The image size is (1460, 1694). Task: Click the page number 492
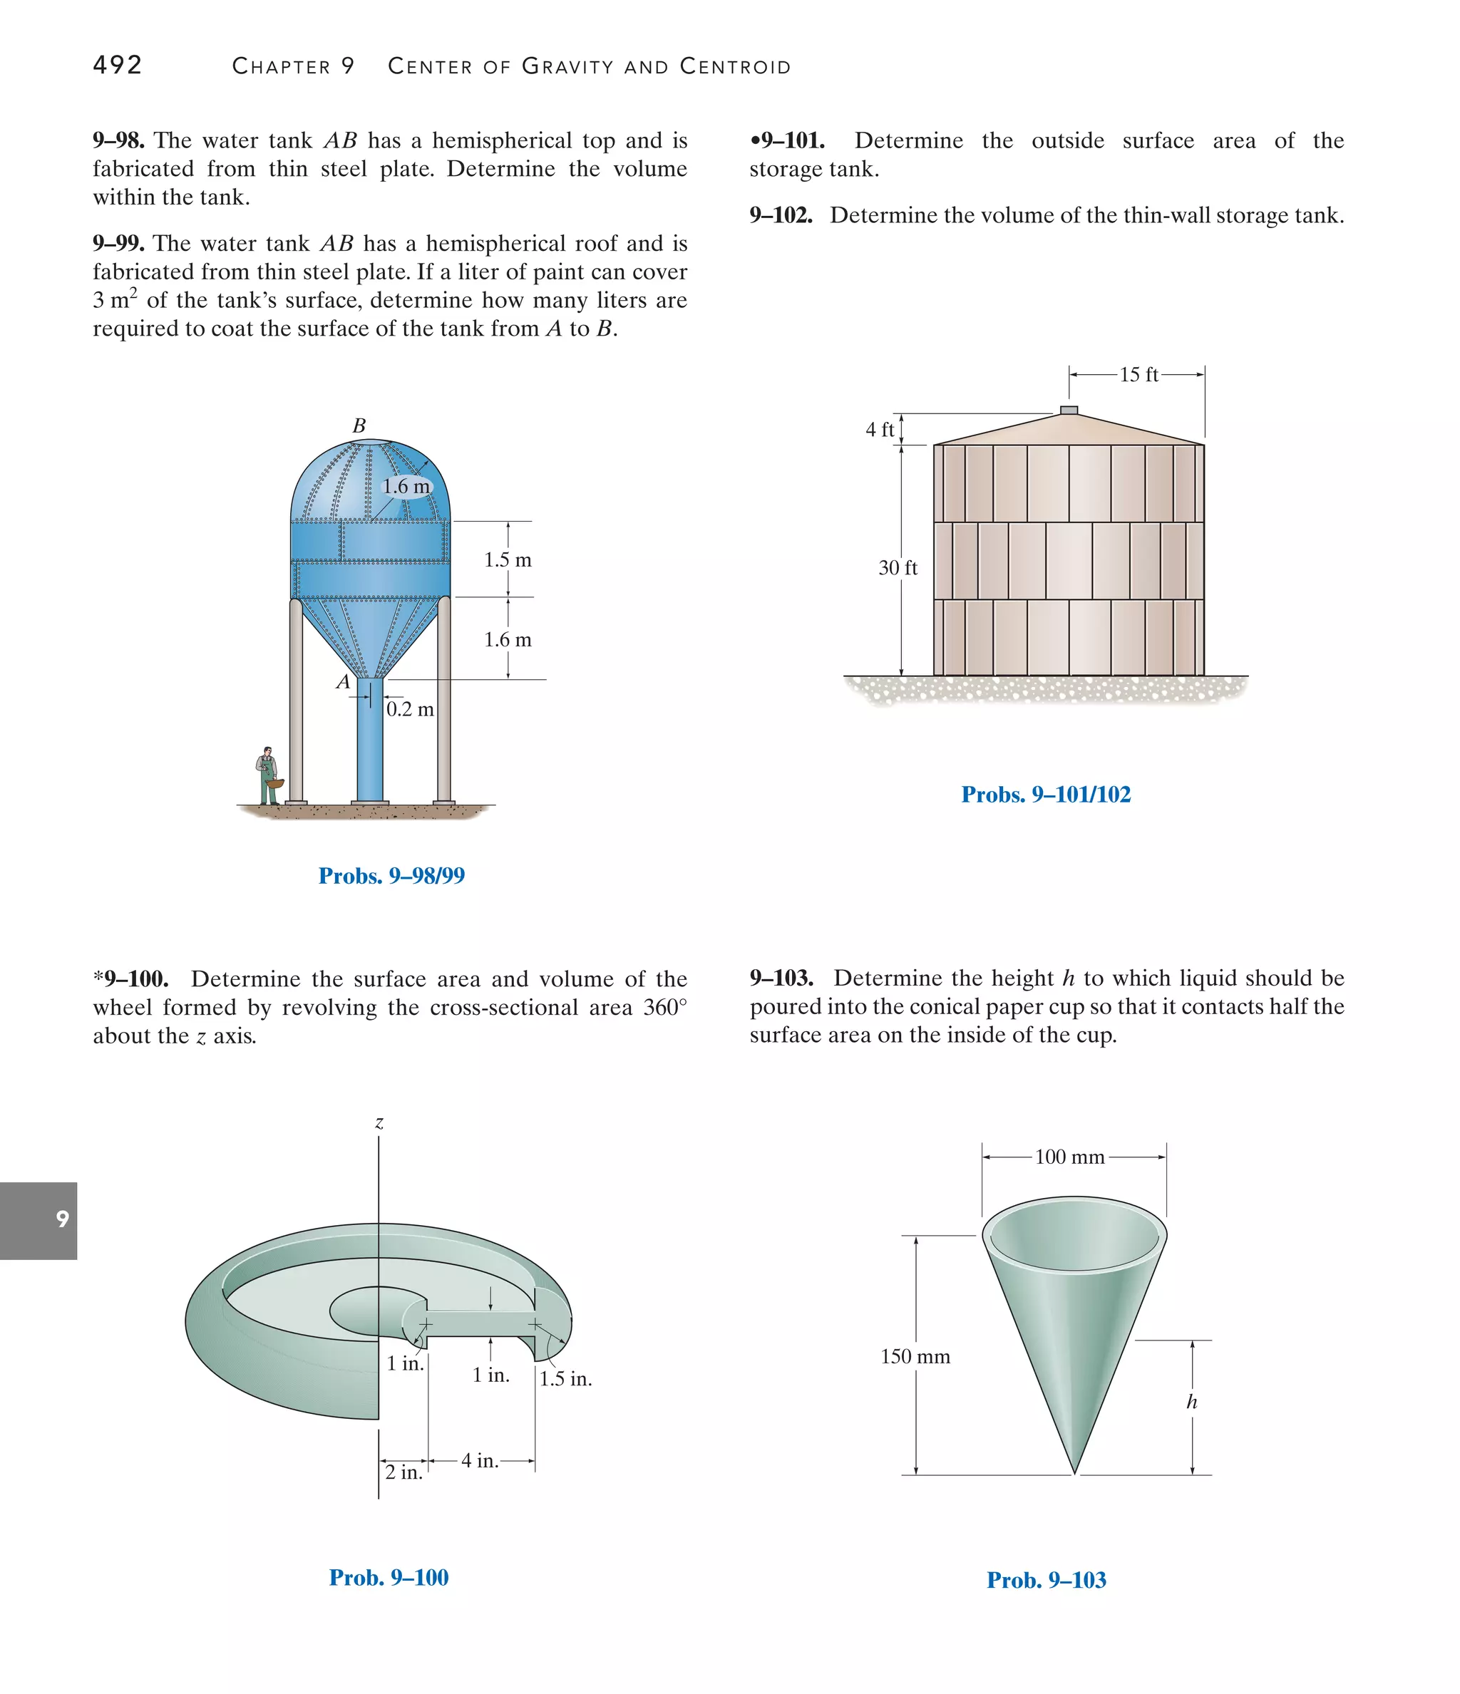pyautogui.click(x=118, y=65)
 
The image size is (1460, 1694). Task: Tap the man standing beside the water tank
pyautogui.click(x=267, y=776)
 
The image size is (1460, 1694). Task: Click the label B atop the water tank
pyautogui.click(x=359, y=425)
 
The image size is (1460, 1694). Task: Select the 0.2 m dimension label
pyautogui.click(x=410, y=709)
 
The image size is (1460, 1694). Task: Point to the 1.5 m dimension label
pyautogui.click(x=507, y=560)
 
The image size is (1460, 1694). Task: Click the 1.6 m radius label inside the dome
pyautogui.click(x=406, y=487)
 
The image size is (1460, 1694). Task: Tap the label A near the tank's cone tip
pyautogui.click(x=344, y=682)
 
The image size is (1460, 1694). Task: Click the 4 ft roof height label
pyautogui.click(x=880, y=429)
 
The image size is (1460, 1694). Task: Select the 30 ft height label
pyautogui.click(x=898, y=567)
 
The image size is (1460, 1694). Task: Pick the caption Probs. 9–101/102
pyautogui.click(x=1045, y=794)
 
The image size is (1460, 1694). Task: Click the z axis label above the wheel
pyautogui.click(x=379, y=1123)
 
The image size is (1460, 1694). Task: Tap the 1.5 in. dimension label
pyautogui.click(x=565, y=1378)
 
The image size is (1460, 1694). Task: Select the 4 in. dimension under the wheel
pyautogui.click(x=479, y=1460)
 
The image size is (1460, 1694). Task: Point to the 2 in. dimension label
pyautogui.click(x=404, y=1472)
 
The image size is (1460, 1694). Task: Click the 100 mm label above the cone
pyautogui.click(x=1069, y=1157)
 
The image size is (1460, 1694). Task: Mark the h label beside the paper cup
pyautogui.click(x=1192, y=1402)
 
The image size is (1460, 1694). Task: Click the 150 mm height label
pyautogui.click(x=915, y=1356)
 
